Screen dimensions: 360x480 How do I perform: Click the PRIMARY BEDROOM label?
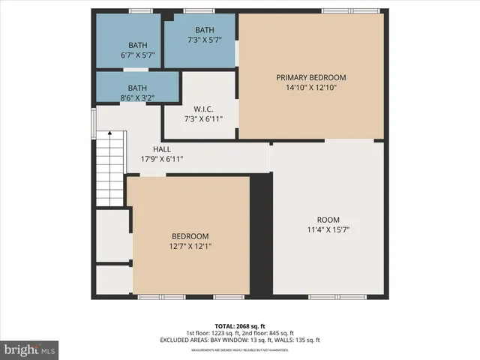click(x=310, y=77)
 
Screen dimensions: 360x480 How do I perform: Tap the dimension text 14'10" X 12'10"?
click(x=310, y=88)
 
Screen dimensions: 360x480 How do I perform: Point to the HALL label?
click(x=162, y=148)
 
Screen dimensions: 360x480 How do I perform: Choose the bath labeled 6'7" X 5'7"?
click(x=138, y=45)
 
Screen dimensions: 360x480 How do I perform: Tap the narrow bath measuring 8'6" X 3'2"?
click(x=137, y=87)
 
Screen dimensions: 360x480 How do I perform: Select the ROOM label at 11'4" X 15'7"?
click(x=328, y=220)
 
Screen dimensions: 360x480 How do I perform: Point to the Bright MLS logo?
click(x=30, y=349)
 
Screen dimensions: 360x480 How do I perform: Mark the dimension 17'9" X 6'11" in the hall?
click(x=162, y=159)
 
